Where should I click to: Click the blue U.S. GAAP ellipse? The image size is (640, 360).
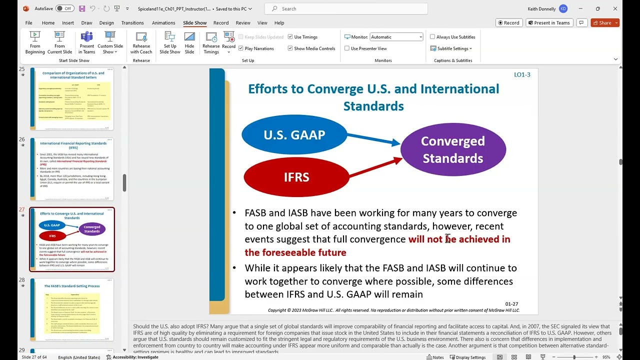pos(294,135)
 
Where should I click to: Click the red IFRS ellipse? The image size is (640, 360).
pos(296,177)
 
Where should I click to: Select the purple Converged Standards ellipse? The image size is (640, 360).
pos(453,149)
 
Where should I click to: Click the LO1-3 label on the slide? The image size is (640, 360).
pos(522,74)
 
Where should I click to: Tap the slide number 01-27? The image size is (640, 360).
pos(511,304)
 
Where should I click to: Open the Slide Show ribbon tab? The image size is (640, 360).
pos(194,23)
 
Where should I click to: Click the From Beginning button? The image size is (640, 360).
pos(35,43)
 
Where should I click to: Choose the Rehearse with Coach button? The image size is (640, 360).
pos(141,43)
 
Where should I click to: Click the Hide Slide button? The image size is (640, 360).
pos(189,43)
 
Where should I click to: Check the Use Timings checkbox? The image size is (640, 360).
pos(290,37)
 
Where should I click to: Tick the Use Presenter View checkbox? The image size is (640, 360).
pos(347,48)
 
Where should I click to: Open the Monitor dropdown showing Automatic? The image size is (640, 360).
pos(396,37)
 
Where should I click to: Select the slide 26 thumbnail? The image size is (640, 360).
pos(72,169)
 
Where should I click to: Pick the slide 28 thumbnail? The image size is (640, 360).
pos(72,309)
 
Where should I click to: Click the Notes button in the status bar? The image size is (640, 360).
pos(435,357)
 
